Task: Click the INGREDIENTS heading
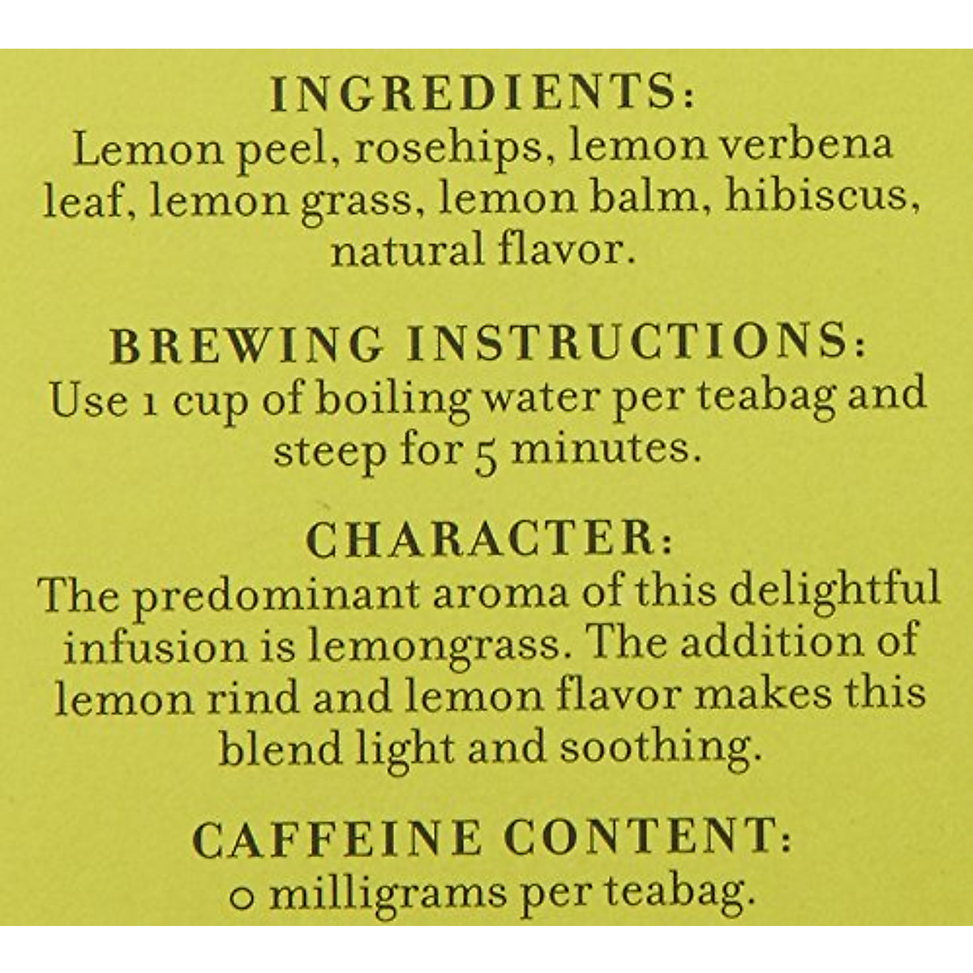click(x=483, y=96)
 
